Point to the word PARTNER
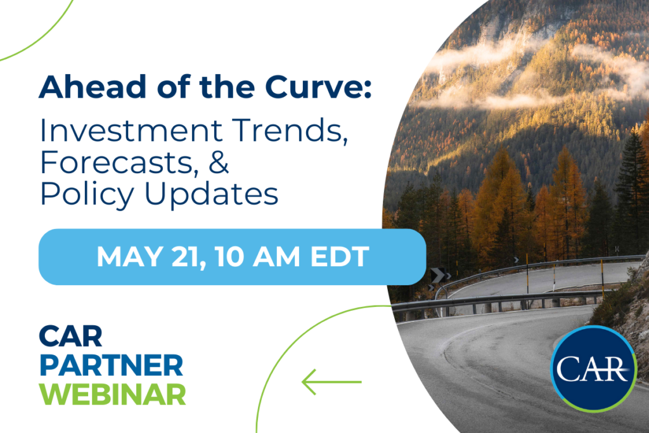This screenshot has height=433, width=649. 111,365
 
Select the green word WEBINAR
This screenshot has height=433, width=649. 112,393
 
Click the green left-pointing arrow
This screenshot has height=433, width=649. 331,382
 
